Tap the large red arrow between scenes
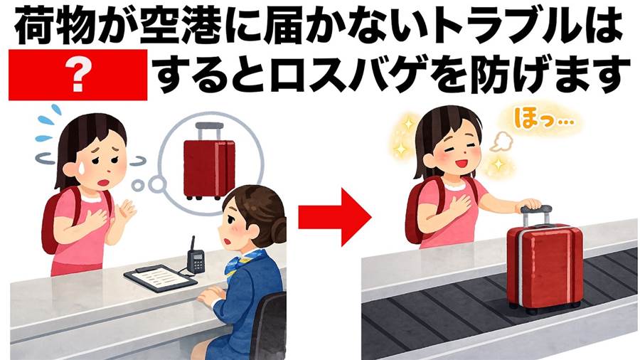334,217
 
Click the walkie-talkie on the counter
195,256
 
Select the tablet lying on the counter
160,277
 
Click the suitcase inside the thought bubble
209,162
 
